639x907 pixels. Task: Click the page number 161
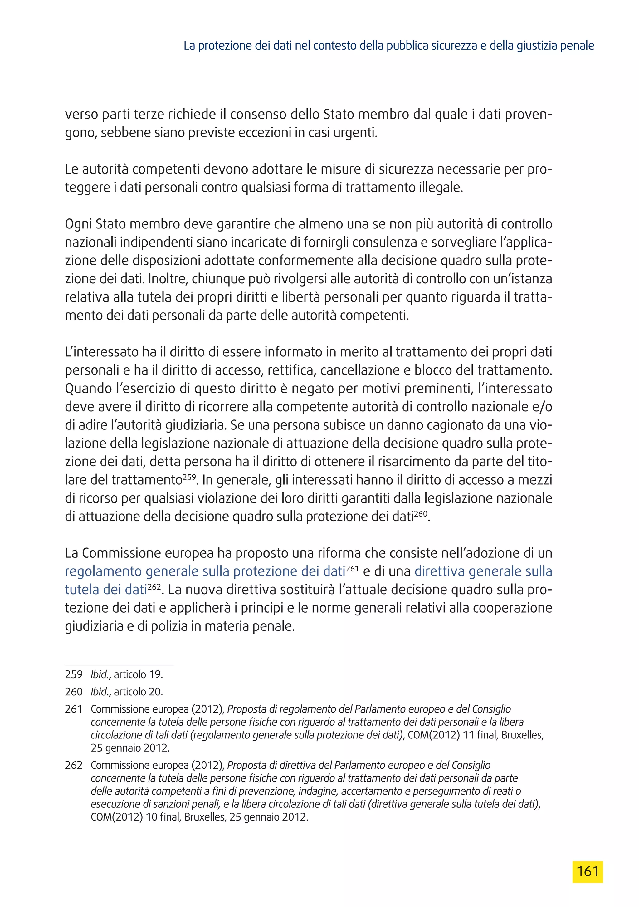(x=587, y=871)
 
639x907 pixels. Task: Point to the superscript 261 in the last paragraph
(x=352, y=568)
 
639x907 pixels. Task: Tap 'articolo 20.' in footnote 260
(x=138, y=692)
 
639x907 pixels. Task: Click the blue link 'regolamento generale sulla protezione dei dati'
(x=205, y=571)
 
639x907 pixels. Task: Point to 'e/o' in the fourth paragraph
(x=543, y=407)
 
